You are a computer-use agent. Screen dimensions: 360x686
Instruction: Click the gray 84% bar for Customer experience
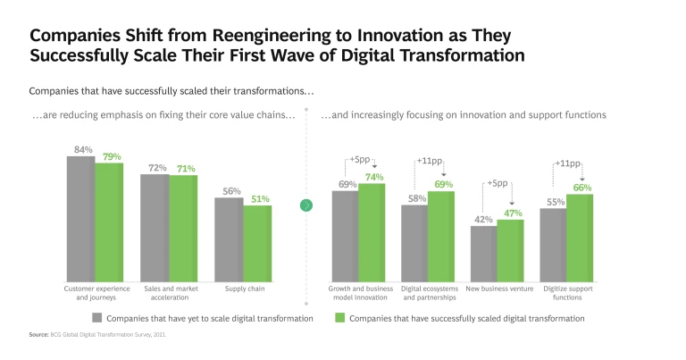[x=80, y=219]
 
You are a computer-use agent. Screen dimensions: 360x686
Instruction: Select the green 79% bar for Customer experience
[x=109, y=222]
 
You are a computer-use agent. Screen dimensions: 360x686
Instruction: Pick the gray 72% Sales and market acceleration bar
[x=155, y=228]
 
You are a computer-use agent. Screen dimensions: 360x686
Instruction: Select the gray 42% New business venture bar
[x=483, y=254]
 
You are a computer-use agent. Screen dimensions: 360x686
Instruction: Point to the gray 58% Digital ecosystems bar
[x=414, y=243]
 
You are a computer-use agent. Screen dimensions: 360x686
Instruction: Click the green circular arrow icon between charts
[x=306, y=205]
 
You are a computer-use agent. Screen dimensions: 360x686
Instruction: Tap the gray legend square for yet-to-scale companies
[x=96, y=317]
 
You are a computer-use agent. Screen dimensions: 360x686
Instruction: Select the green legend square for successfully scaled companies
[x=339, y=317]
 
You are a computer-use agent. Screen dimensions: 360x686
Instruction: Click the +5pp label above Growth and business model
[x=359, y=162]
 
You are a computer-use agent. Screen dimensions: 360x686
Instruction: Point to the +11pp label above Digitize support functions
[x=568, y=164]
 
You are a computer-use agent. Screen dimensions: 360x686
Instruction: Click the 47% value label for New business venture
[x=511, y=213]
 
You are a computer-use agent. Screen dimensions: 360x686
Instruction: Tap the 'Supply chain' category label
[x=243, y=289]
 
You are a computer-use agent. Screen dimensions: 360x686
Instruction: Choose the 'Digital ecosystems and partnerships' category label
[x=429, y=292]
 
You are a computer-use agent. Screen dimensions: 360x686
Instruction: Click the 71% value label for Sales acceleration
[x=184, y=169]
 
